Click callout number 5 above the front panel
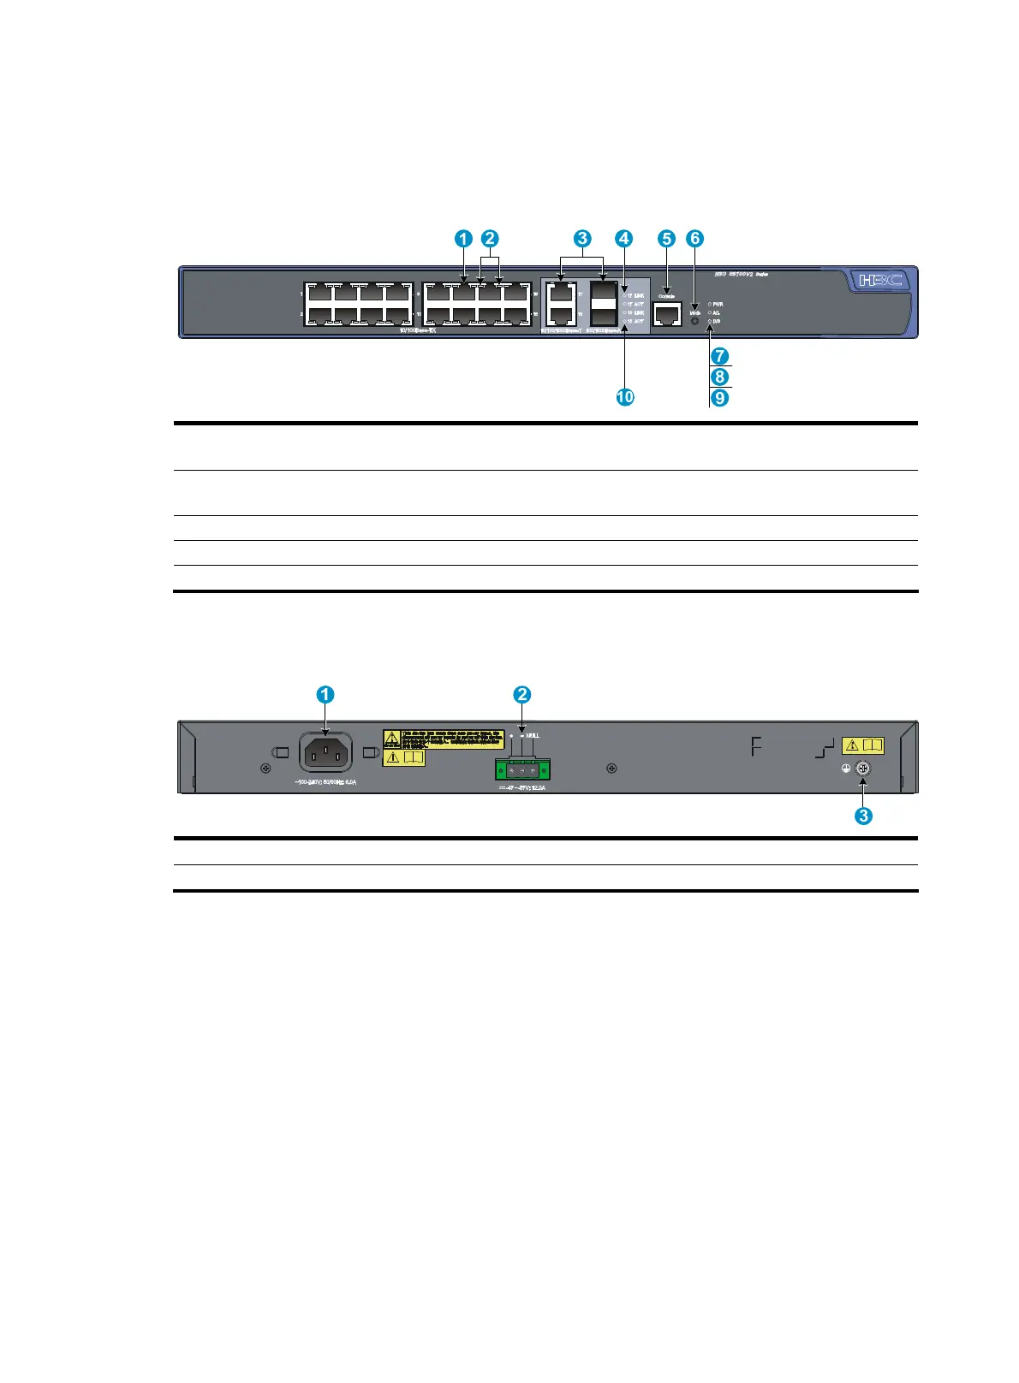pos(667,239)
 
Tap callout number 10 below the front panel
pos(626,397)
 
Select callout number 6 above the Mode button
pos(694,239)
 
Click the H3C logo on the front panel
pos(880,280)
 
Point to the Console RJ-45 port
pos(666,313)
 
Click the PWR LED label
pos(718,304)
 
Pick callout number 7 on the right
pos(720,355)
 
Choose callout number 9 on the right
pos(720,398)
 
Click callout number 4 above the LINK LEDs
pos(624,239)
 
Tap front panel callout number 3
pos(582,239)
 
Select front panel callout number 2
pos(490,239)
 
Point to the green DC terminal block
pos(522,770)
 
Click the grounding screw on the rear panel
pos(863,769)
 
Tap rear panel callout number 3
pos(863,816)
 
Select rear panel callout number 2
pos(522,695)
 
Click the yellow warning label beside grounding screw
pos(862,745)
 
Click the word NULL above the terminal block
pos(533,735)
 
